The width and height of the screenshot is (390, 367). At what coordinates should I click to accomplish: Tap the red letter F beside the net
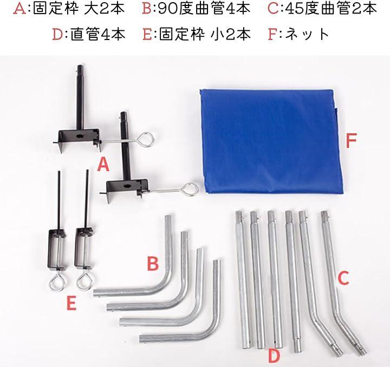[x=351, y=141]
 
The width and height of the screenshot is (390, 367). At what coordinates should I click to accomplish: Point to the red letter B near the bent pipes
[x=153, y=264]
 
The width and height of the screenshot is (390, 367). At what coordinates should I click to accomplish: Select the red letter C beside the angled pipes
[x=343, y=278]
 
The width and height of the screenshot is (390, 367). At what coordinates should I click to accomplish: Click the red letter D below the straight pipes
[x=274, y=356]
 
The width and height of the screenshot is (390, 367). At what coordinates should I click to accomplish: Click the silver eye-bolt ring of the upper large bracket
[x=145, y=140]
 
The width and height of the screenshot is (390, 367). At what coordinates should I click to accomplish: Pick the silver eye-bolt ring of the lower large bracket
[x=190, y=190]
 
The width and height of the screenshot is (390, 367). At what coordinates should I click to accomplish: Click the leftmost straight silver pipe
[x=242, y=278]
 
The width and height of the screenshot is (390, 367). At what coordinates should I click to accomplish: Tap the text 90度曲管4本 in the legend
[x=204, y=9]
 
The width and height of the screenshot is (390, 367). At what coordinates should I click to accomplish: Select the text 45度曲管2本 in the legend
[x=331, y=9]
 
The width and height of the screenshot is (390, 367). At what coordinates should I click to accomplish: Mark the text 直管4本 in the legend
[x=98, y=34]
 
